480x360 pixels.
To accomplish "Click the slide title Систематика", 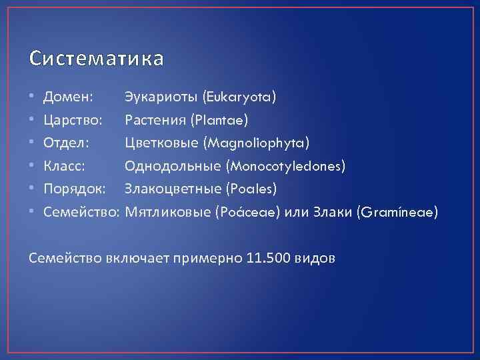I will click(96, 59).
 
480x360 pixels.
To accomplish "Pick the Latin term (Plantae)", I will click(218, 121).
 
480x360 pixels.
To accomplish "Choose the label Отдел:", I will click(66, 143).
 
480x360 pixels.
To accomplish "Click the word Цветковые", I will click(162, 143).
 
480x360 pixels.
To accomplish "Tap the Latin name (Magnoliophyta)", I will click(257, 143).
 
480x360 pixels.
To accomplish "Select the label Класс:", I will click(64, 166).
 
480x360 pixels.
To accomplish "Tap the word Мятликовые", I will click(165, 212).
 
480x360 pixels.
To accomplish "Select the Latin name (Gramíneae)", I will click(397, 212).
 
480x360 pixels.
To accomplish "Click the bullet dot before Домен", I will click(33, 98).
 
